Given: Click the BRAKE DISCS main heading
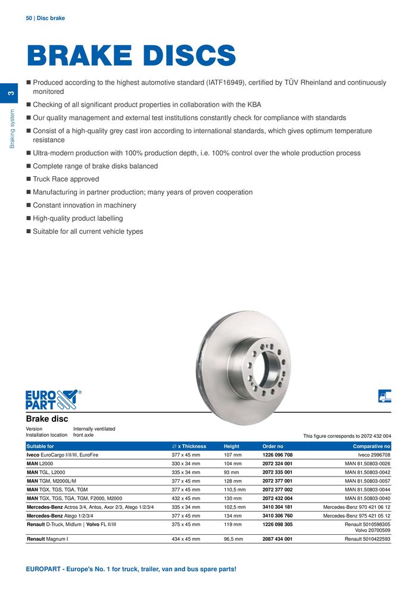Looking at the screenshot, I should (131, 56).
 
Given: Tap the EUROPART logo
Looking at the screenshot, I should (52, 399).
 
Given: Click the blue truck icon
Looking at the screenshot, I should (385, 396).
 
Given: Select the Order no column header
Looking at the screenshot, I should (273, 446).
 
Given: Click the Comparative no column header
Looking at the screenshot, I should (371, 446).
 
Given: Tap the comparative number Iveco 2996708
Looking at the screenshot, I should (374, 455).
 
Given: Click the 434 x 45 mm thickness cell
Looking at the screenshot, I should (185, 539).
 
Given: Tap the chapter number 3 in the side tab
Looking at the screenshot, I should (10, 93).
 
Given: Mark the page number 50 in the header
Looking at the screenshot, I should (29, 18).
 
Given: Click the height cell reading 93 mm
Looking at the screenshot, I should (231, 472).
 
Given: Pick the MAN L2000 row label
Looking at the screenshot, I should (40, 463).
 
